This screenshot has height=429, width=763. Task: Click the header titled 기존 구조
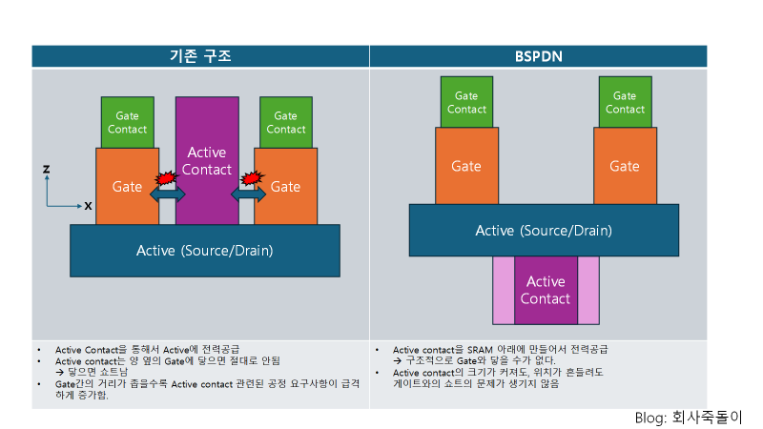(200, 56)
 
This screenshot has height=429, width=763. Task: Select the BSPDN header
(538, 56)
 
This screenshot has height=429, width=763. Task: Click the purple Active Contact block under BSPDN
(546, 290)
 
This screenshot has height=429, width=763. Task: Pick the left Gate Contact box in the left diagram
(127, 122)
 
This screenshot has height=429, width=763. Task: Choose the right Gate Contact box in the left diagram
(285, 122)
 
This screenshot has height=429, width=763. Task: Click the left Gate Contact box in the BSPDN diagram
(466, 102)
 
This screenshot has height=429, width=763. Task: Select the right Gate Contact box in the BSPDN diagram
(625, 102)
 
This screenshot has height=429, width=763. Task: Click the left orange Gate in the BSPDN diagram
(466, 166)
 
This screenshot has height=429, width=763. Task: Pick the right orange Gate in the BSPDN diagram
(625, 166)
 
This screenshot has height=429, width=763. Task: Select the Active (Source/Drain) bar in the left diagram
(205, 251)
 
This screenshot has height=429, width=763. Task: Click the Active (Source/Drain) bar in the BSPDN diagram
(544, 230)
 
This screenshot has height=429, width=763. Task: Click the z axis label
(46, 169)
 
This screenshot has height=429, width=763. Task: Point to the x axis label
(88, 205)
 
